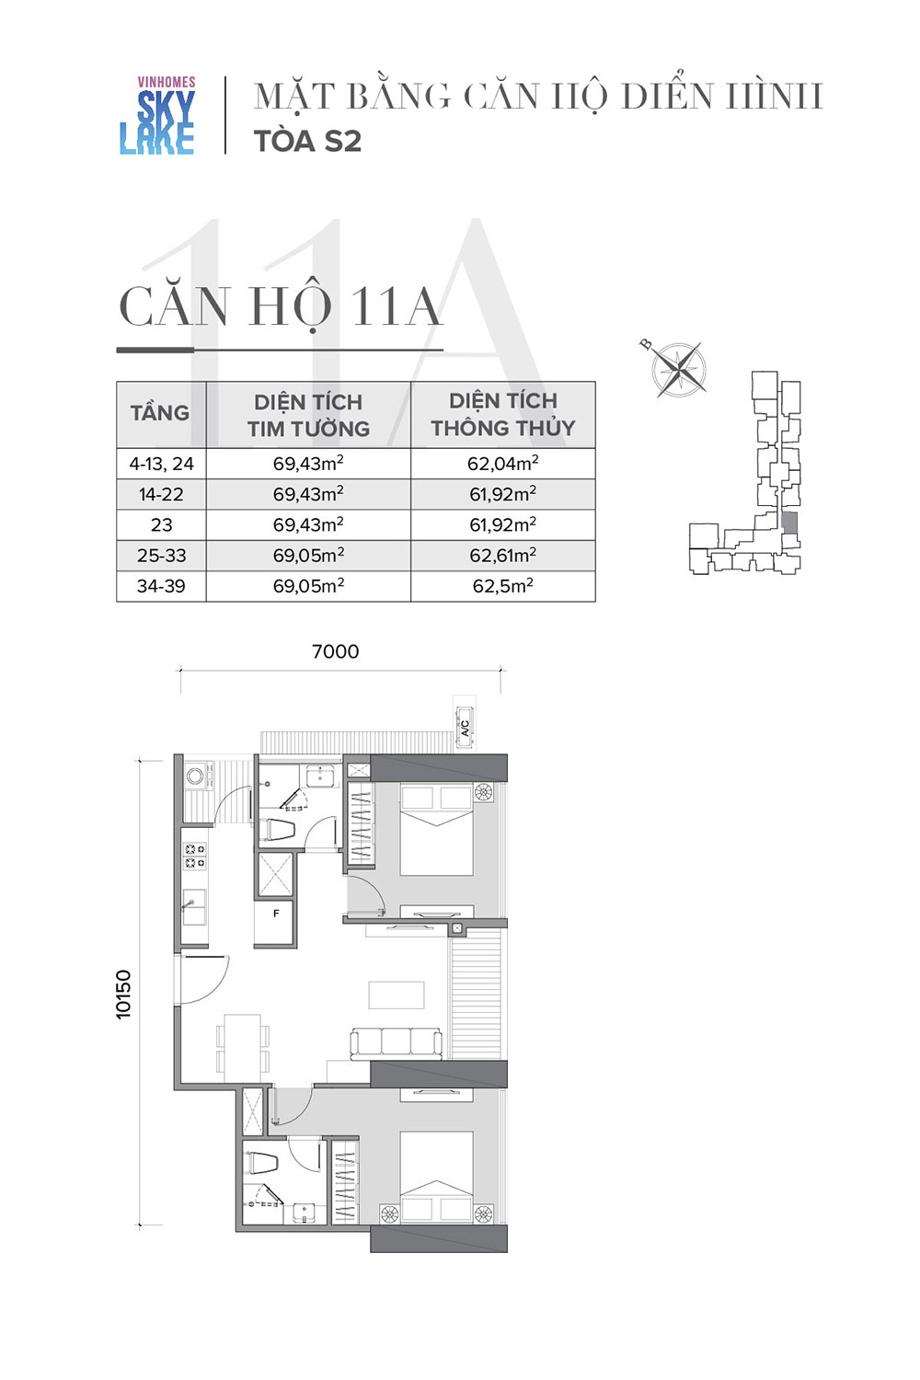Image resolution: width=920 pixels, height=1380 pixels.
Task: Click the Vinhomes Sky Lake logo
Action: (157, 115)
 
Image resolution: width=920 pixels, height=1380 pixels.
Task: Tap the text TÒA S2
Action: (307, 142)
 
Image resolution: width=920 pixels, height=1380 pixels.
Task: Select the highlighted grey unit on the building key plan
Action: (789, 523)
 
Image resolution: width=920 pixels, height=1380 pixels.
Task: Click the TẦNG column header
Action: (160, 413)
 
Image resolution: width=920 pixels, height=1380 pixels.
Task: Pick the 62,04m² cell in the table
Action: (503, 463)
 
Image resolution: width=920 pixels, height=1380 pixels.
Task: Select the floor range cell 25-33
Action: (161, 555)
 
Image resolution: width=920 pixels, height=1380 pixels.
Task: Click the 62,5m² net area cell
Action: (503, 585)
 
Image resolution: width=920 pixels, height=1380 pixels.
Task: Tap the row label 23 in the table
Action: (161, 524)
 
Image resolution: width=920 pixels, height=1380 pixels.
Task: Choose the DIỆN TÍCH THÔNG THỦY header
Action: (503, 414)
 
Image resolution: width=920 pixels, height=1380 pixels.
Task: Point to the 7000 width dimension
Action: (336, 651)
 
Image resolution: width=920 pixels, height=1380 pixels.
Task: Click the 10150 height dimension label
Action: (123, 995)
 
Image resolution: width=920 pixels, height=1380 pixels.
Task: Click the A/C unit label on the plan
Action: (465, 728)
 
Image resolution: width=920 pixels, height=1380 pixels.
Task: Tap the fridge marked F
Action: (275, 921)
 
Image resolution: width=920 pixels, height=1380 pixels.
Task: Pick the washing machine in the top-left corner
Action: (195, 775)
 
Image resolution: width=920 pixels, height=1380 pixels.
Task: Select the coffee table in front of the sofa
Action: (397, 995)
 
